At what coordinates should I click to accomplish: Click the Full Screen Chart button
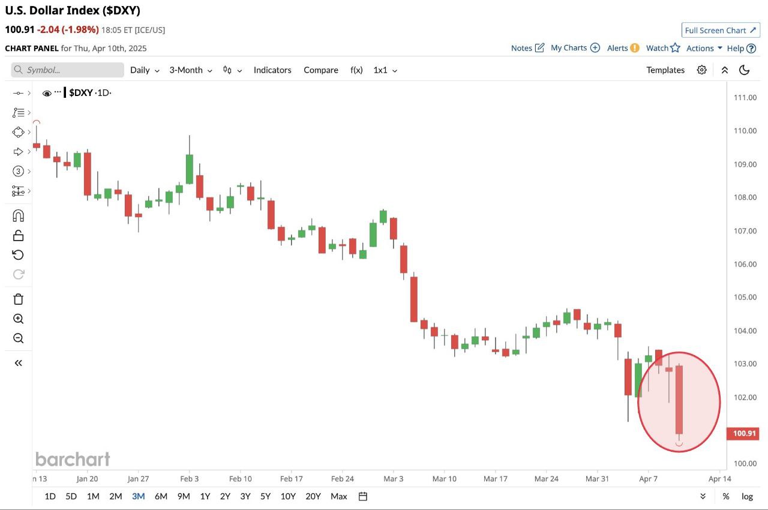(x=721, y=30)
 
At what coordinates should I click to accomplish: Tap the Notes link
(x=527, y=48)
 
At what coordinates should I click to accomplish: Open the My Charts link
(x=575, y=48)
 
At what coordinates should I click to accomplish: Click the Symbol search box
(x=67, y=70)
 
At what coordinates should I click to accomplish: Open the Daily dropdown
(x=145, y=70)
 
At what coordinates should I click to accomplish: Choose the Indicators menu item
(x=272, y=70)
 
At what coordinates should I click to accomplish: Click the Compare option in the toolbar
(x=321, y=70)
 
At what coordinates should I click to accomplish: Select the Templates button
(x=665, y=70)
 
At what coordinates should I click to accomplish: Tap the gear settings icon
(x=701, y=70)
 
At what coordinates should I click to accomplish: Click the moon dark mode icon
(x=745, y=70)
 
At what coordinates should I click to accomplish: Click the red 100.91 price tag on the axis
(x=743, y=433)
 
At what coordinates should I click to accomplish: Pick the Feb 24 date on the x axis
(x=342, y=479)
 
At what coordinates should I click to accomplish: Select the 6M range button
(x=161, y=496)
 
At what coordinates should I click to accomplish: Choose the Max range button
(x=339, y=496)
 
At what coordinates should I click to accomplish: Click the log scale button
(x=747, y=496)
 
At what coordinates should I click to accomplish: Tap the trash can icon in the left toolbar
(x=19, y=299)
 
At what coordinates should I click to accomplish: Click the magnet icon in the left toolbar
(x=19, y=215)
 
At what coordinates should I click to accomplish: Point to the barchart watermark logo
(x=73, y=460)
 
